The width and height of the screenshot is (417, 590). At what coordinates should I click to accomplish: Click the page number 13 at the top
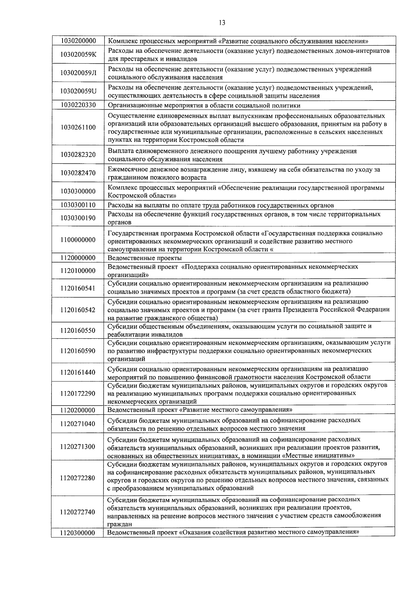(222, 23)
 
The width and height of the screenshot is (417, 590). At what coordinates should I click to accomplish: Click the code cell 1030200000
(78, 41)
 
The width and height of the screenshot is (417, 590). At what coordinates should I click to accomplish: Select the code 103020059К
(78, 55)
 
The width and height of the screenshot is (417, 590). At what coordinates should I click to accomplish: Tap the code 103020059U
(78, 91)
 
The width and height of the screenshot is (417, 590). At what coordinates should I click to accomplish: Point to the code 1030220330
(78, 105)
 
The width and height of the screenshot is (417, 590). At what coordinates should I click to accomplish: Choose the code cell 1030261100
(78, 127)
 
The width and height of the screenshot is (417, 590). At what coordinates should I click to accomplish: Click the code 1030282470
(78, 173)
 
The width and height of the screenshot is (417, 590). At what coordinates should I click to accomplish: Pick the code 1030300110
(78, 205)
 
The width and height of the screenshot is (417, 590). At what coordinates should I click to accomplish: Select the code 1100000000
(78, 240)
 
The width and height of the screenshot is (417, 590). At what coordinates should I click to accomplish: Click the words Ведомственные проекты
(145, 258)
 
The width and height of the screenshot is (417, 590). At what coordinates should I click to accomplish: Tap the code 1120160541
(78, 288)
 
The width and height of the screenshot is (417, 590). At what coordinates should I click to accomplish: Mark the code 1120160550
(78, 330)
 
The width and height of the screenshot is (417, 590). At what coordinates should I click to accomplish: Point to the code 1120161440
(78, 372)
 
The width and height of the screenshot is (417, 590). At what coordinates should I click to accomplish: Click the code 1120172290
(78, 393)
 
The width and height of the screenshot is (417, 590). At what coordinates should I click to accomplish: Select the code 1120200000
(78, 410)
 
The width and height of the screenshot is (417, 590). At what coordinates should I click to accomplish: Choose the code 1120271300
(78, 446)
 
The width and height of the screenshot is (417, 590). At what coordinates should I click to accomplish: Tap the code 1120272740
(78, 512)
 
